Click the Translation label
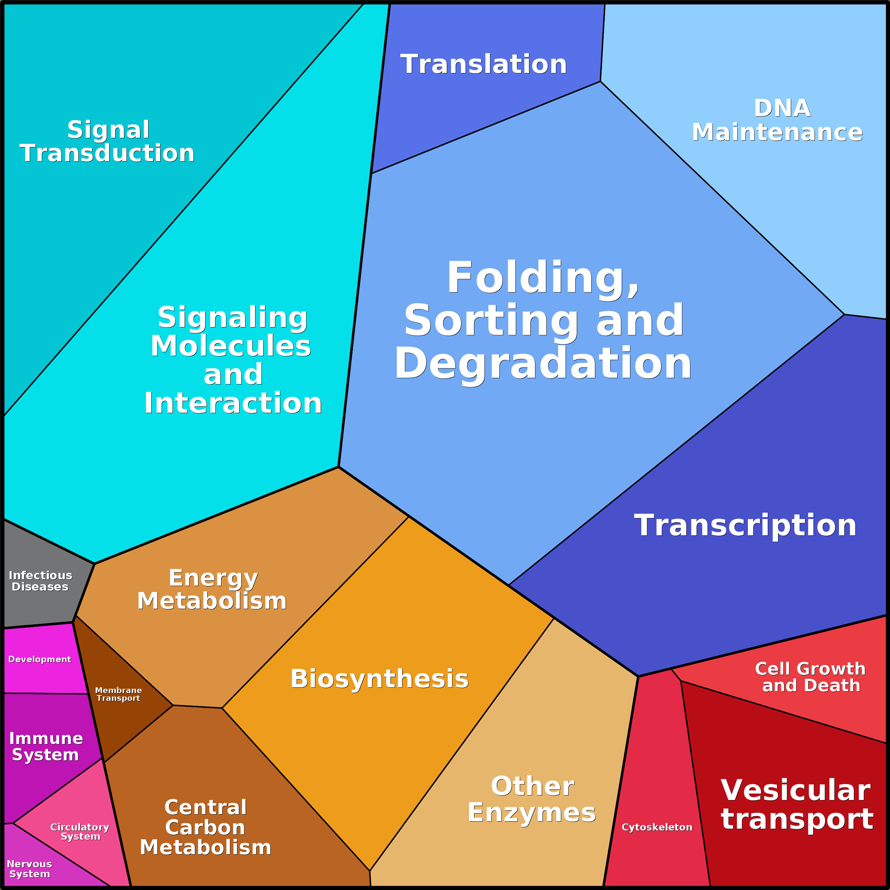(484, 64)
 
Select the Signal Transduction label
(107, 141)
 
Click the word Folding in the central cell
(543, 277)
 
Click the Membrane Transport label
(118, 694)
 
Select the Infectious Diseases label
(40, 581)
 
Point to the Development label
(40, 659)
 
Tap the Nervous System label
(29, 869)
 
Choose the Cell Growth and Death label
(810, 677)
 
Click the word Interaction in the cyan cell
(233, 404)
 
